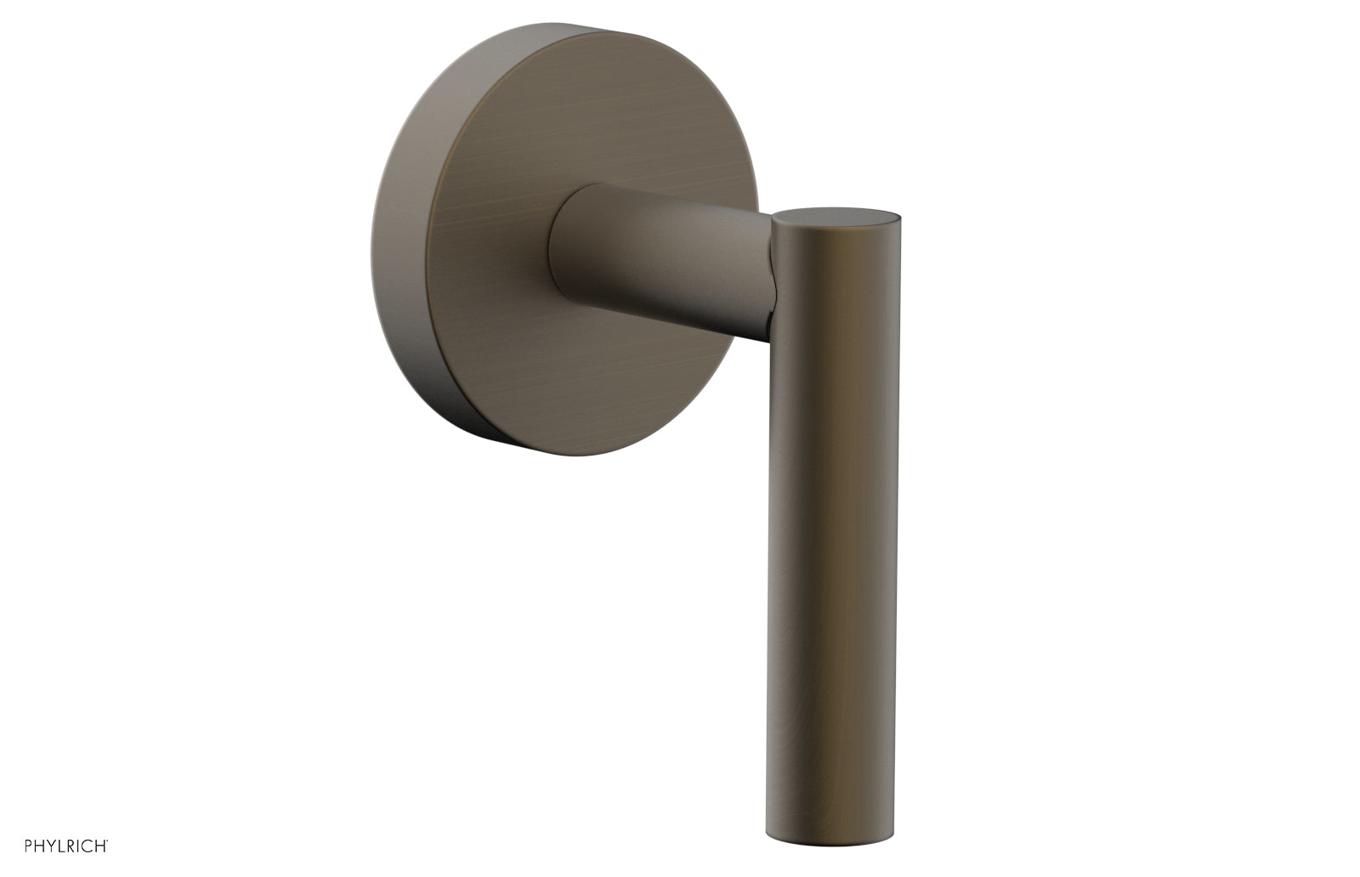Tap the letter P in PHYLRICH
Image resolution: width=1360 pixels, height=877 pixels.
28,846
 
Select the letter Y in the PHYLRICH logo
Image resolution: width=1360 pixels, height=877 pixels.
51,846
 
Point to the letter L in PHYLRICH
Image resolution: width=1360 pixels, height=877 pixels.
61,846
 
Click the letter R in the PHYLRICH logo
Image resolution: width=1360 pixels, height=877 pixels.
71,846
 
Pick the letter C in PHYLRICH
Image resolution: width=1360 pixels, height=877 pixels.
87,846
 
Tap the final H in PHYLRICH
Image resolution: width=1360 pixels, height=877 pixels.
100,846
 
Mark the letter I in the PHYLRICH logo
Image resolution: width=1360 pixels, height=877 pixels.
77,846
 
